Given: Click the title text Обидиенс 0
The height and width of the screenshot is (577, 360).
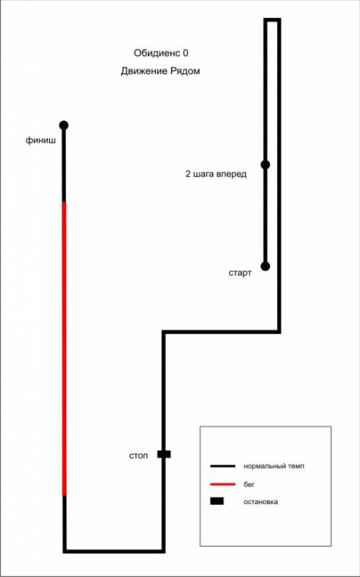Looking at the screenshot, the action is click(161, 53).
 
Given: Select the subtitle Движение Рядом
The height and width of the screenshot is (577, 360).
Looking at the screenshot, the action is click(160, 71).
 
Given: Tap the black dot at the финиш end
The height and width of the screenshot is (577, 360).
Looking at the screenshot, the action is click(63, 125).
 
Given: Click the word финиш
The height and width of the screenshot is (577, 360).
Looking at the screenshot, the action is click(41, 140).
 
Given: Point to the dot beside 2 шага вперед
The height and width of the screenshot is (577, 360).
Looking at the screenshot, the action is click(265, 164).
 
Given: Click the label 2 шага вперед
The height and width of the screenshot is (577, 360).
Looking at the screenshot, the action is click(216, 174).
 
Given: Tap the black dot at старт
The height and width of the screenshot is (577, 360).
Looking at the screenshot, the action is click(265, 266).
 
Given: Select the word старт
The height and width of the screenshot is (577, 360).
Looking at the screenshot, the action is click(240, 273).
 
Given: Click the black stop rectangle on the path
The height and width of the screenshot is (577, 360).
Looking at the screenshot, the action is click(164, 454).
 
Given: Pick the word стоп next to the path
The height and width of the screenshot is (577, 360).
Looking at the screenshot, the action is click(139, 456).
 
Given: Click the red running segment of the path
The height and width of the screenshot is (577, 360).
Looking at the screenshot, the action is click(64, 348).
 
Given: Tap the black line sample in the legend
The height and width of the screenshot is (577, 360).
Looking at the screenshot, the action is click(223, 466).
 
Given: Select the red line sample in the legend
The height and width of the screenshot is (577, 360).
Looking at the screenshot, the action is click(223, 485).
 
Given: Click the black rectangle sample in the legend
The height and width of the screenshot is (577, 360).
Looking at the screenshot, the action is click(217, 501).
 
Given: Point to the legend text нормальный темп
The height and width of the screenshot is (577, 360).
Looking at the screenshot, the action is click(274, 466).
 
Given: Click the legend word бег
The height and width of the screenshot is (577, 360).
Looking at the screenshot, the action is click(249, 485).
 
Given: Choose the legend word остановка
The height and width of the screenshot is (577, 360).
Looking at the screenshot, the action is click(260, 501).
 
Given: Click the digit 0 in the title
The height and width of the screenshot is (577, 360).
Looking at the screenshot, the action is click(185, 53).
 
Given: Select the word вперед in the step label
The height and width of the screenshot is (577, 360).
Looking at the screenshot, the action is click(234, 175).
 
